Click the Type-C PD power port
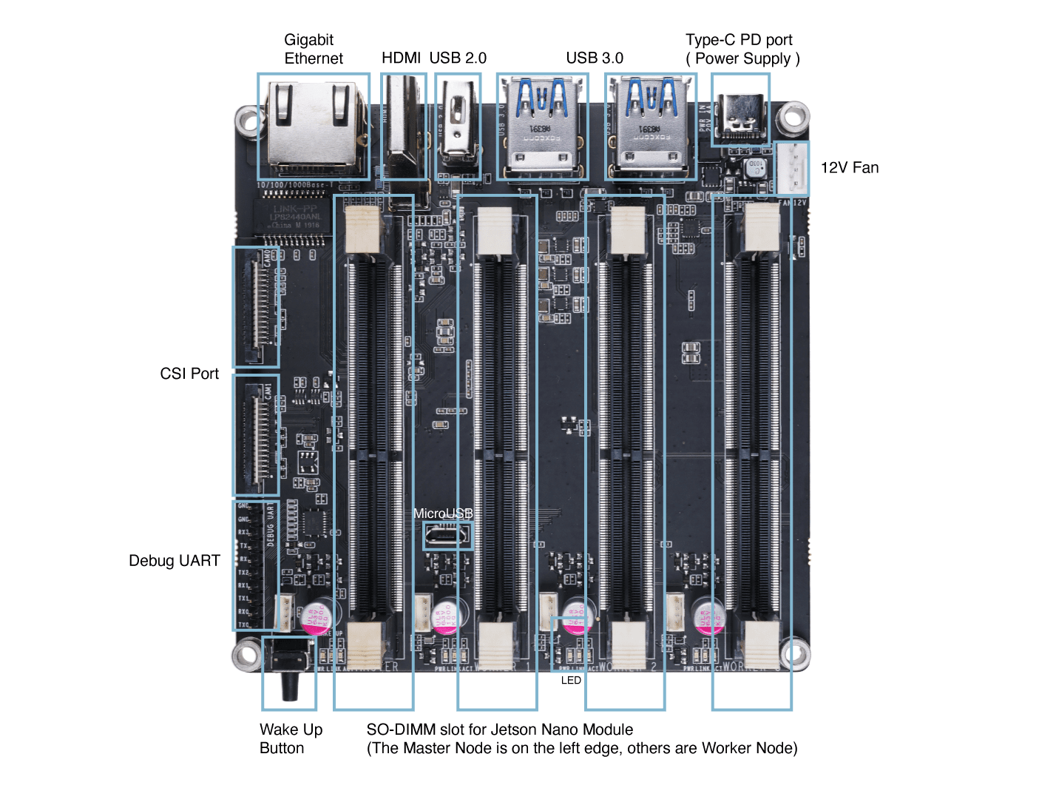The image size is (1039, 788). point(740,119)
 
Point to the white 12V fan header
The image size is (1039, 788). point(793,169)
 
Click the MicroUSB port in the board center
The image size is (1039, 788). point(447,535)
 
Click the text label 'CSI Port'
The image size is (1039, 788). point(189,374)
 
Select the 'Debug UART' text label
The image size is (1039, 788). point(175,561)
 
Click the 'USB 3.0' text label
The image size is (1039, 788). point(595,58)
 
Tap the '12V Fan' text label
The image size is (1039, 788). point(850,168)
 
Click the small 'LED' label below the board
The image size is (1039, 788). point(571,680)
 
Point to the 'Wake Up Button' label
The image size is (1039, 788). point(291,738)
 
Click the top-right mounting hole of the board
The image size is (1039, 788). point(794,117)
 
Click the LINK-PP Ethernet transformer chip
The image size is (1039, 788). point(294,217)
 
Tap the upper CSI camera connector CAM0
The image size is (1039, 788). point(257,306)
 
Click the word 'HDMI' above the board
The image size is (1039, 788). point(401,58)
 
